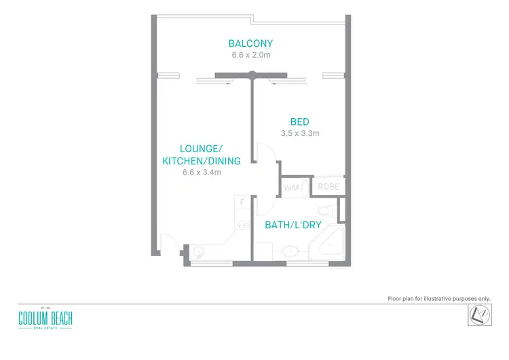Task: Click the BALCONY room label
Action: point(250,44)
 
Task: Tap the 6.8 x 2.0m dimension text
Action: point(250,55)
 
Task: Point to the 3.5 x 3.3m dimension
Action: point(299,133)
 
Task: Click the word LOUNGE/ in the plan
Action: point(202,148)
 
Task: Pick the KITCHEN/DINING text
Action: point(202,160)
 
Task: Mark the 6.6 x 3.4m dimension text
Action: point(202,173)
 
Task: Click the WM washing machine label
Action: point(292,187)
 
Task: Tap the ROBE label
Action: point(329,185)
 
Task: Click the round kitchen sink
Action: point(198,252)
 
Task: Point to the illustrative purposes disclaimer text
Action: point(438,298)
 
